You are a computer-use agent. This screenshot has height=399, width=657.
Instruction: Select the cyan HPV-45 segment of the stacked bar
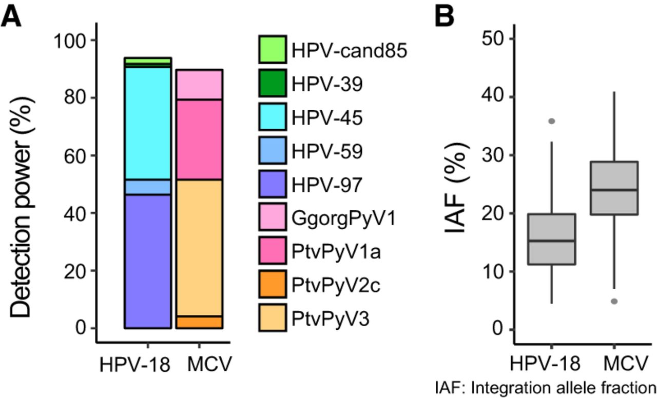(x=148, y=123)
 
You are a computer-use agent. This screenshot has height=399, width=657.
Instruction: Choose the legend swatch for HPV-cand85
(x=273, y=50)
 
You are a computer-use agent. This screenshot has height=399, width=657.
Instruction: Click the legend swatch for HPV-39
(x=273, y=83)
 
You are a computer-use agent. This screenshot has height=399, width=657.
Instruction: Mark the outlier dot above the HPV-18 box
(x=552, y=121)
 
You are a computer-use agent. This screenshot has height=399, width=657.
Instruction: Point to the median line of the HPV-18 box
(x=552, y=241)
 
